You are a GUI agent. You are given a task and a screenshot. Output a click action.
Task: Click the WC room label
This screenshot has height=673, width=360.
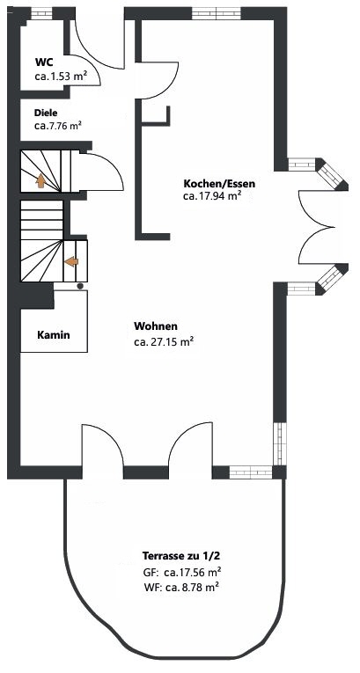pyautogui.click(x=44, y=62)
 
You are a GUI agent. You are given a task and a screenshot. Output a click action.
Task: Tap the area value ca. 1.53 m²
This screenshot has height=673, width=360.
pyautogui.click(x=62, y=77)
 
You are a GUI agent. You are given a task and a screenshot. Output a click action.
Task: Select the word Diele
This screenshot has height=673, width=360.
pyautogui.click(x=46, y=113)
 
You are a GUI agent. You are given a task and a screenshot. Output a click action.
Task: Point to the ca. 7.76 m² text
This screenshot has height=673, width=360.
pyautogui.click(x=58, y=126)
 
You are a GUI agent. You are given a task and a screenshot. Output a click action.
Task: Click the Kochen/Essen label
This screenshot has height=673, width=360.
pyautogui.click(x=219, y=184)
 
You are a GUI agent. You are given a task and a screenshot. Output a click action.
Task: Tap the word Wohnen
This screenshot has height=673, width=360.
pyautogui.click(x=156, y=326)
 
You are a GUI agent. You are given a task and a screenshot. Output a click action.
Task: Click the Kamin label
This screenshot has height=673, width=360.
pyautogui.click(x=54, y=335)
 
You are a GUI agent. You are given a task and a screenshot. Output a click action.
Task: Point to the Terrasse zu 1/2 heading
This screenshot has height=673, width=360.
pyautogui.click(x=181, y=556)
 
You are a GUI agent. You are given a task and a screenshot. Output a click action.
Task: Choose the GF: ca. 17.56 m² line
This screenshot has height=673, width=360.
pyautogui.click(x=182, y=572)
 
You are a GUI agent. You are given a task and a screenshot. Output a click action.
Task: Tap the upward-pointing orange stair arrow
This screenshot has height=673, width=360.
pyautogui.click(x=40, y=180)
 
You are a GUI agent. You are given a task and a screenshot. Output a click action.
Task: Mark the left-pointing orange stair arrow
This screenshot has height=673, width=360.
pyautogui.click(x=71, y=261)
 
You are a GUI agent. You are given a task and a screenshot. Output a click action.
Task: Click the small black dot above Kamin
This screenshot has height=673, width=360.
pyautogui.click(x=79, y=286)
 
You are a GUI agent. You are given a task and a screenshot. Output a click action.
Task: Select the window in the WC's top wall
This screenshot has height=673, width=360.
pyautogui.click(x=41, y=14)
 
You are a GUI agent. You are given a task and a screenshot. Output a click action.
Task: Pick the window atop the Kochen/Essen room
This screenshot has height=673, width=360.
pyautogui.click(x=217, y=14)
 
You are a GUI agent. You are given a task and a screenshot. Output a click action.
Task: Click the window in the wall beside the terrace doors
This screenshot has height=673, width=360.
pyautogui.click(x=251, y=472)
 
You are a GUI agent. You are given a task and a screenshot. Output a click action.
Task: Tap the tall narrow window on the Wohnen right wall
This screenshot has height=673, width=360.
pyautogui.click(x=280, y=443)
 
